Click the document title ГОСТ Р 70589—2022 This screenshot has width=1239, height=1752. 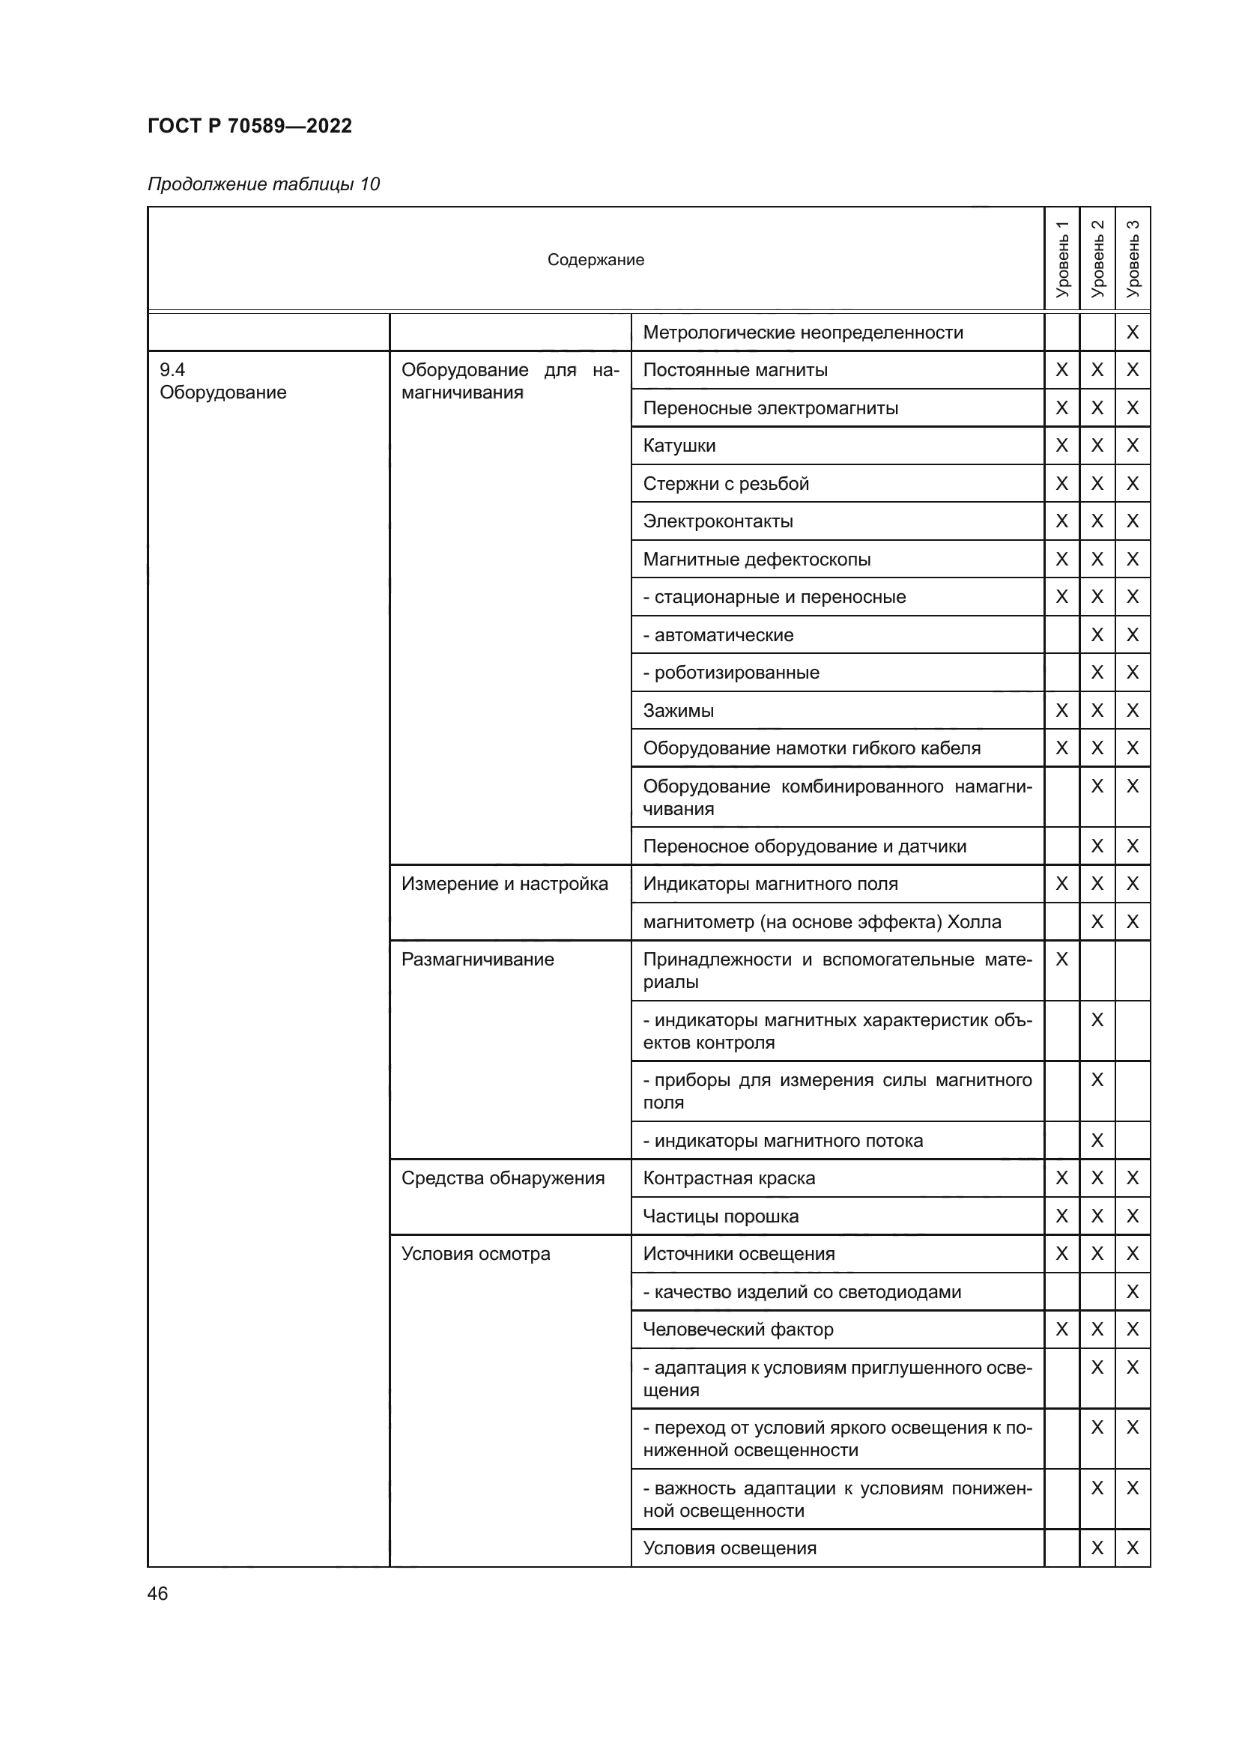[x=249, y=126]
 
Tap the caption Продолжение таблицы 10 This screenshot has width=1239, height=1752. [x=263, y=184]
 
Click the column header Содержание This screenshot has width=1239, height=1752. [x=595, y=259]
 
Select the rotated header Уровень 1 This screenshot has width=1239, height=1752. [x=1061, y=258]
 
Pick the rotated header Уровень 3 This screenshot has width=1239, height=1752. [x=1132, y=258]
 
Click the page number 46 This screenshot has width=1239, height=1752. [x=157, y=1593]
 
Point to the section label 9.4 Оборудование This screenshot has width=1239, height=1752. [x=222, y=381]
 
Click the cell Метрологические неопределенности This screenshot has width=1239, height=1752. [x=802, y=332]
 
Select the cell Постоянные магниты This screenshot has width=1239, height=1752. [x=735, y=370]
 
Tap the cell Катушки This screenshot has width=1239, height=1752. [x=679, y=446]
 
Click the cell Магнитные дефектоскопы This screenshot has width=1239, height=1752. [x=756, y=560]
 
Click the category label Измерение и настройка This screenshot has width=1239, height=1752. [x=504, y=884]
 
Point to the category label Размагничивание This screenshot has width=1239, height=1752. [x=478, y=960]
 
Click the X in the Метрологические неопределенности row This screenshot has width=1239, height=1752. [x=1132, y=332]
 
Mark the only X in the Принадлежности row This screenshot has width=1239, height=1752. [x=1061, y=960]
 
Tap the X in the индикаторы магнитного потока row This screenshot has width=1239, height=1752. [x=1097, y=1140]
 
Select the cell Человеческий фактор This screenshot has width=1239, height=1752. [x=738, y=1330]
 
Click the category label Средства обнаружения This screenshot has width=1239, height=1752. [x=503, y=1178]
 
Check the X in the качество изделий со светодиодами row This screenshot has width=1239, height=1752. [x=1132, y=1292]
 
